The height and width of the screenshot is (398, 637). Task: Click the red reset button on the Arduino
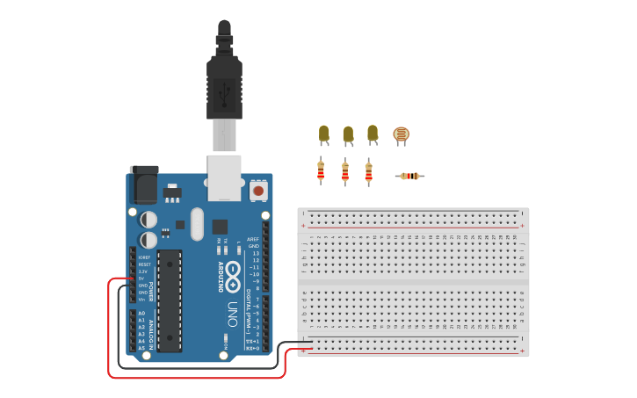pos(258,189)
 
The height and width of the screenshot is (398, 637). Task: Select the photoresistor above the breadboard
pos(401,134)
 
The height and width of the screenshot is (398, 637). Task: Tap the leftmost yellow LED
pos(323,134)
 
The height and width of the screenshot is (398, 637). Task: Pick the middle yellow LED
pos(348,134)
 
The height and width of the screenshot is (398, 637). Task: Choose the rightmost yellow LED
pos(373,134)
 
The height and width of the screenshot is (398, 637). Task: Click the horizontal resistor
pos(409,177)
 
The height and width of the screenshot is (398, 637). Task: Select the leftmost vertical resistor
pos(321,171)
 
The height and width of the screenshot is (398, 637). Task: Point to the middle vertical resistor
pos(345,172)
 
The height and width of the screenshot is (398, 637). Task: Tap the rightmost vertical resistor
pos(368,171)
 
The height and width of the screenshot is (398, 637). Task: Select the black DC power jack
pos(144,185)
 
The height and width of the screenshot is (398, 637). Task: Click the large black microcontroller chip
pos(170,300)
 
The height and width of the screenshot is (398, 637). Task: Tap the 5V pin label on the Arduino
pos(142,279)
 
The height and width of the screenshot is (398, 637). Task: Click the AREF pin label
pos(253,239)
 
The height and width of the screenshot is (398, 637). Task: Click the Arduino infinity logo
pos(233,277)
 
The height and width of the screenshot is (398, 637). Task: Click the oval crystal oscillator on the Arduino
pos(197,224)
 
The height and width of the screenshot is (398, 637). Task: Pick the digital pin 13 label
pos(255,253)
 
